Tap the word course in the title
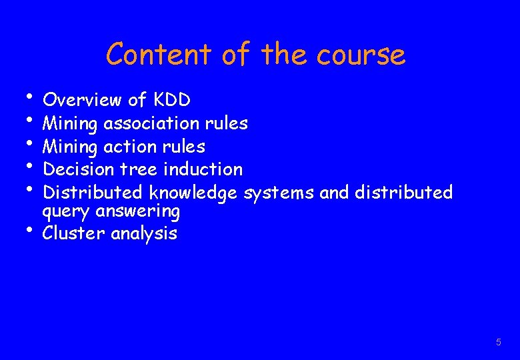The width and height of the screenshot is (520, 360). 361,55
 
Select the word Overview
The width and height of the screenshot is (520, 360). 82,100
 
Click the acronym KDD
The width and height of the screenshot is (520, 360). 172,100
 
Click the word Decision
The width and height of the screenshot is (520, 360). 74,169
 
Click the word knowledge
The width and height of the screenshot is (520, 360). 193,193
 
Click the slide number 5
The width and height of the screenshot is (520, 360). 498,342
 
